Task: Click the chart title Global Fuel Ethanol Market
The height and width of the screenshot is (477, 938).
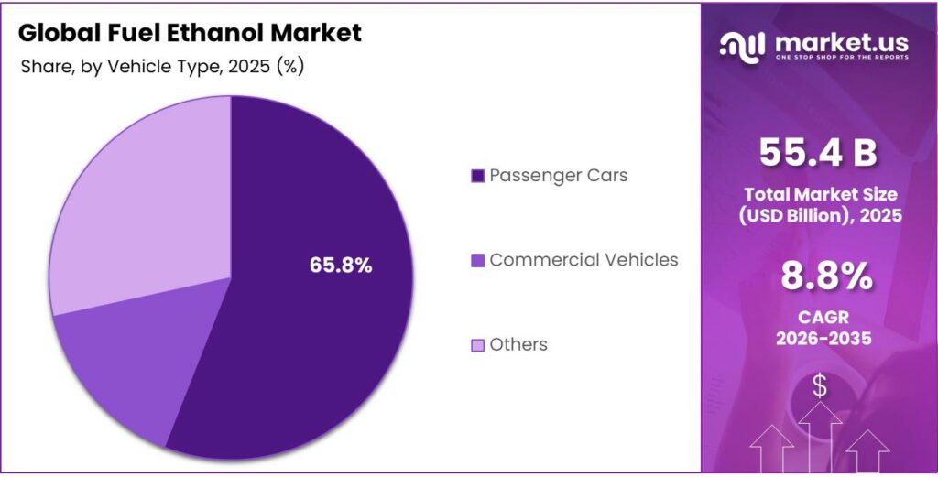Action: point(190,33)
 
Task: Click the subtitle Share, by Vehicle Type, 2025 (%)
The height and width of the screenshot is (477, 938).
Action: point(162,66)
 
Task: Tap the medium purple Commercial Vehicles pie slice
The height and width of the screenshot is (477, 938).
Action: point(128,366)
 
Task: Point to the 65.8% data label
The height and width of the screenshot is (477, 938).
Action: point(341,266)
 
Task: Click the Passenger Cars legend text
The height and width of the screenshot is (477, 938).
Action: point(558,175)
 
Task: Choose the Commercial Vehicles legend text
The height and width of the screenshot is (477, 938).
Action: point(584,260)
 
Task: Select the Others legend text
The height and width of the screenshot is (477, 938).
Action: point(518,344)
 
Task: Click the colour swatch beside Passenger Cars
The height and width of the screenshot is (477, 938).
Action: point(476,176)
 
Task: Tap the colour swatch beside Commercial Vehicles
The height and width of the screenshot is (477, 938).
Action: point(476,261)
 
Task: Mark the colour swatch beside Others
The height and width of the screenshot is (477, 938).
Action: point(476,345)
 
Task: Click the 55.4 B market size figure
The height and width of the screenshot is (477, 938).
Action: point(819,153)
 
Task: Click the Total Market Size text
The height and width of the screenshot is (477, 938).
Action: point(819,194)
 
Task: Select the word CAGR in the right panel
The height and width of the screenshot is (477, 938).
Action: point(819,316)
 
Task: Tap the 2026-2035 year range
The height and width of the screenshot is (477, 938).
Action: point(819,337)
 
